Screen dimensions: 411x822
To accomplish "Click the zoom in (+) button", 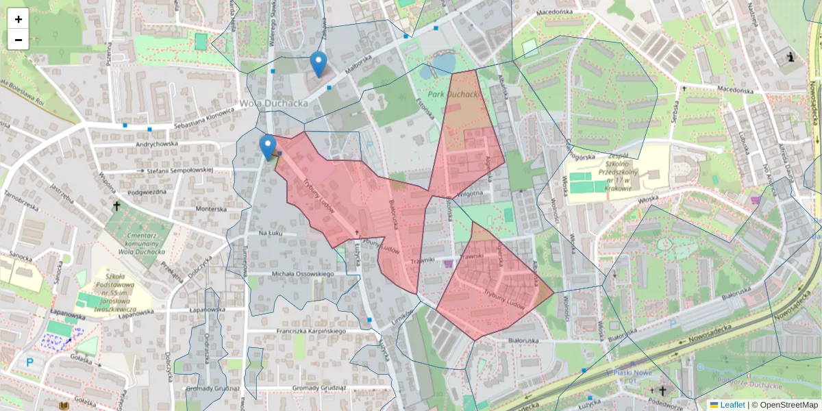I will pyautogui.click(x=18, y=19).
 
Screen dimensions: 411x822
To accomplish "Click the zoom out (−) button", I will pyautogui.click(x=18, y=40).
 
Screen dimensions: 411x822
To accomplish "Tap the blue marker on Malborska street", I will pyautogui.click(x=318, y=64).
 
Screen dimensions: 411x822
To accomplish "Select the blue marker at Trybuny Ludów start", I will pyautogui.click(x=268, y=147).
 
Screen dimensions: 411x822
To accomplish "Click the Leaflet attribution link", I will pyautogui.click(x=732, y=405).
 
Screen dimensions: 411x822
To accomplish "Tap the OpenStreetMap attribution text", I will pyautogui.click(x=784, y=405).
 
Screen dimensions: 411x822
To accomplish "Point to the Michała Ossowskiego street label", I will pyautogui.click(x=303, y=274).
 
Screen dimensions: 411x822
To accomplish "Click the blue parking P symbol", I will pyautogui.click(x=29, y=362).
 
